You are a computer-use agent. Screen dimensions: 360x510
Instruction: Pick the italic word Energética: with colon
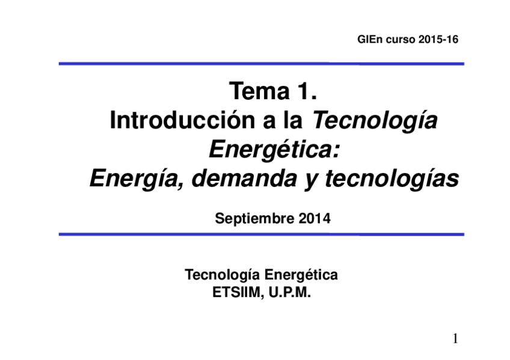pos(274,150)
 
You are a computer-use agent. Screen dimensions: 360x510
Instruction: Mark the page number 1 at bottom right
pos(455,339)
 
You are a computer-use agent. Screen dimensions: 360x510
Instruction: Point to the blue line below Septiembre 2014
pos(261,234)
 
